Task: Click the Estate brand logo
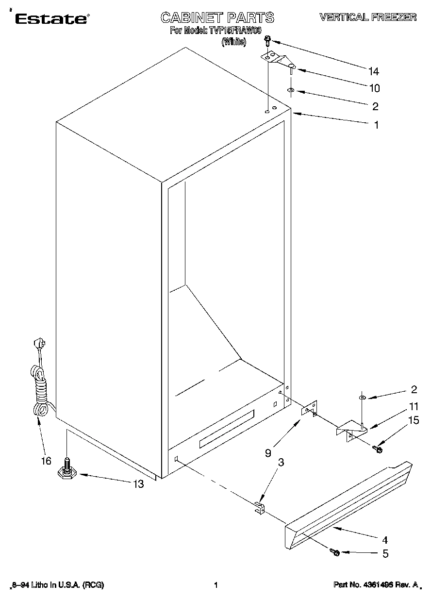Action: pos(51,19)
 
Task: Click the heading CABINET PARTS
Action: pos(217,18)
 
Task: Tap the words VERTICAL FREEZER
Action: pos(367,17)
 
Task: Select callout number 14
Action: pos(373,72)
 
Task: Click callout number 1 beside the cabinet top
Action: pos(376,125)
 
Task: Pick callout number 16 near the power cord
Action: pos(46,461)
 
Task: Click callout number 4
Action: pos(385,539)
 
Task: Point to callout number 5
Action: pos(385,553)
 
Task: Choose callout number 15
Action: pos(414,420)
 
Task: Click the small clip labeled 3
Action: pos(260,508)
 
